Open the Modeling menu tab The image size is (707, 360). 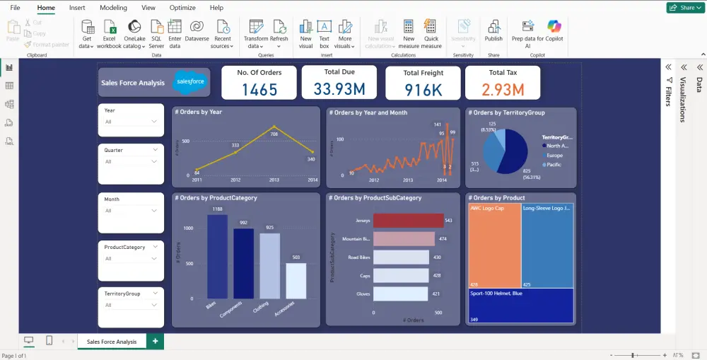coord(113,8)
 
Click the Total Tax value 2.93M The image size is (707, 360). coord(503,90)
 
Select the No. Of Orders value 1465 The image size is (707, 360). coord(259,90)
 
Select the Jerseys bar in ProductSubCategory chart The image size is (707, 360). coord(408,221)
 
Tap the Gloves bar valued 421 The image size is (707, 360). coord(401,294)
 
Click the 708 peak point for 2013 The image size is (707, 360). coord(274,127)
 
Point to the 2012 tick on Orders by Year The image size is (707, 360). coord(235,180)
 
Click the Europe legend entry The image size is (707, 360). coord(554,155)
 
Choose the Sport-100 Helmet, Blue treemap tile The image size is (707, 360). coord(520,306)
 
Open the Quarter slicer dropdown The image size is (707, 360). coord(154,161)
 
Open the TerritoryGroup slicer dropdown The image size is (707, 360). coord(154,305)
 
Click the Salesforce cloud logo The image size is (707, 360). coord(190,82)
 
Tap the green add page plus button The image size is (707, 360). coord(155,342)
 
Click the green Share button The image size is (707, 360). coord(684,8)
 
